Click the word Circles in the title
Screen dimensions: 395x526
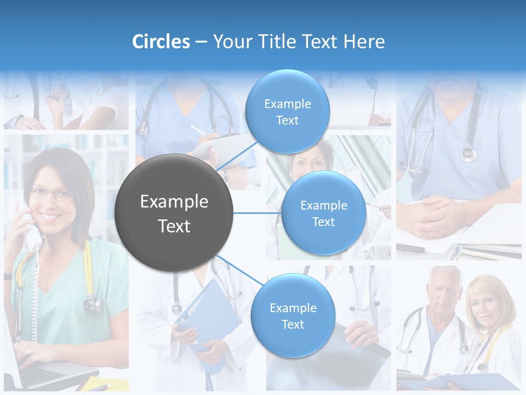[x=161, y=42]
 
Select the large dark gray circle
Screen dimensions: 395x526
[x=174, y=213]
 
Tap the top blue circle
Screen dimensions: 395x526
[x=287, y=112]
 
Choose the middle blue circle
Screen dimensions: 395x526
[x=323, y=213]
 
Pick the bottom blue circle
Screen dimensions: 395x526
[x=293, y=316]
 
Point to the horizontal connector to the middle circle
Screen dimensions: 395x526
[x=257, y=213]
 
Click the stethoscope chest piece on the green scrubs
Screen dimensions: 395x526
[x=92, y=303]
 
